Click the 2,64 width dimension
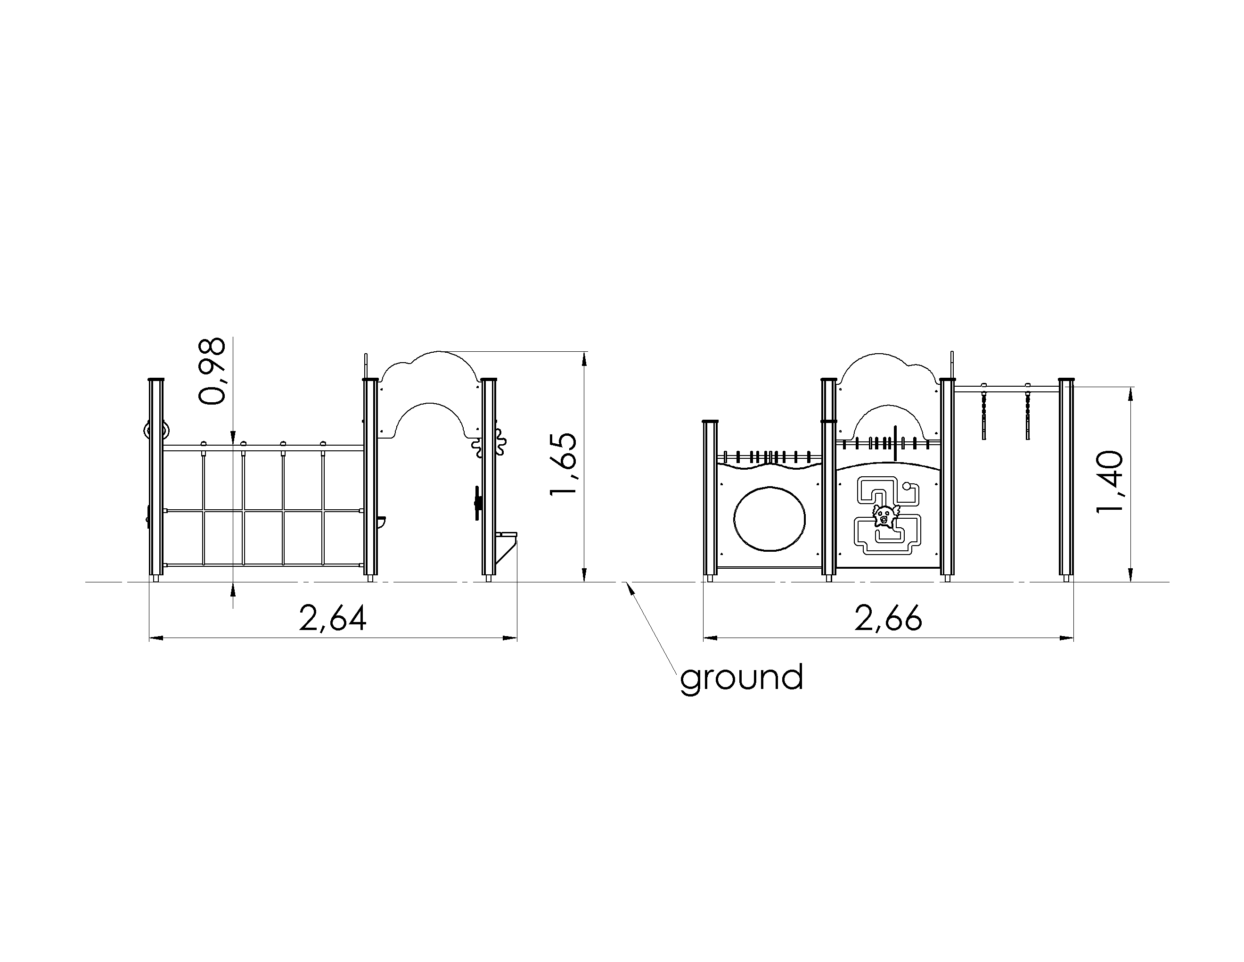click(333, 618)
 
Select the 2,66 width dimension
click(888, 618)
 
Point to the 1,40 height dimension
click(1110, 481)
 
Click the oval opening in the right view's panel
click(770, 519)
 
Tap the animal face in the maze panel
click(884, 516)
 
